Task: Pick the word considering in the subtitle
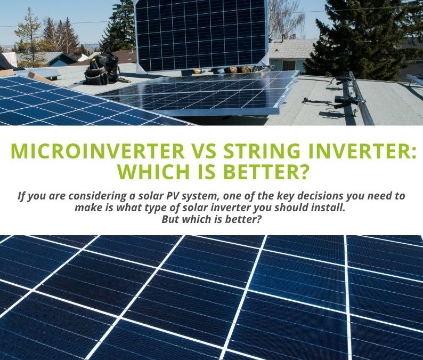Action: click(x=85, y=196)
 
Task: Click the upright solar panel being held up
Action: click(x=201, y=35)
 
